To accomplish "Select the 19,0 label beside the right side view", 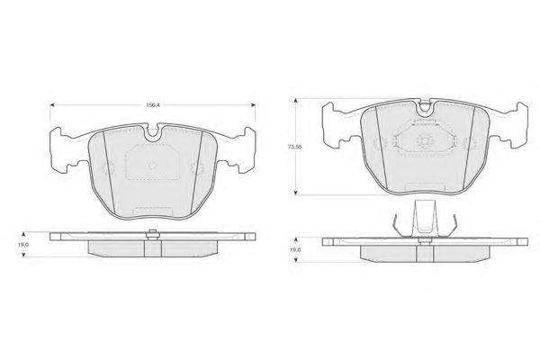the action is [296, 250].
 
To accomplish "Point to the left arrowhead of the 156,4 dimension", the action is [52, 104].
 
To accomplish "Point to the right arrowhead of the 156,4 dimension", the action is [253, 104].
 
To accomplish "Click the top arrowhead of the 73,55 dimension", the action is [295, 101].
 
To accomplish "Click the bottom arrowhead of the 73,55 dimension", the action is [295, 193].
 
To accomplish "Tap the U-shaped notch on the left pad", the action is [153, 135].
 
